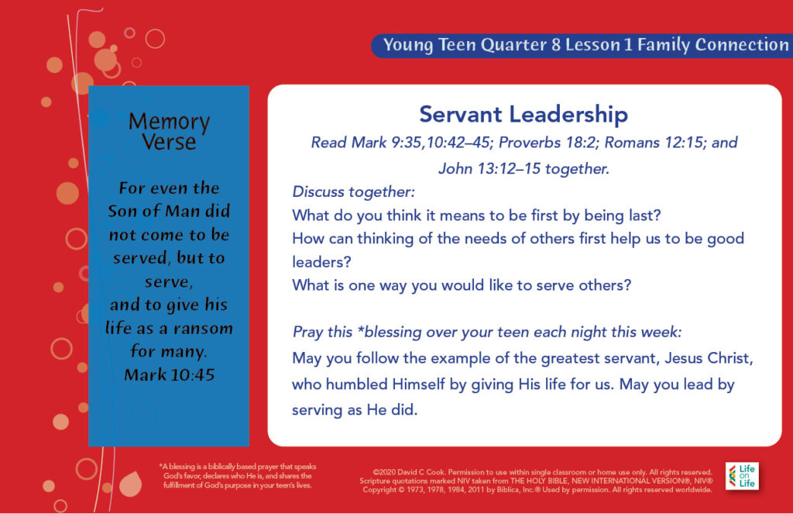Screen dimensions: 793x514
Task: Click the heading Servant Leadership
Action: click(x=524, y=114)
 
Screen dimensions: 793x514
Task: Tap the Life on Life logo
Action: click(x=742, y=476)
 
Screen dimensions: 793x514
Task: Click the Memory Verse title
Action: click(x=169, y=132)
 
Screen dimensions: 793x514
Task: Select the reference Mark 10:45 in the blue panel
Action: click(x=170, y=374)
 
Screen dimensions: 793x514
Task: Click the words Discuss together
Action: click(x=353, y=192)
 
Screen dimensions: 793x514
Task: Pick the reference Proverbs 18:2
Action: click(x=547, y=143)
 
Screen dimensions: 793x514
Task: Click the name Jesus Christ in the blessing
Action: click(x=709, y=358)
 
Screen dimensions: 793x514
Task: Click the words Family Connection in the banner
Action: click(x=712, y=44)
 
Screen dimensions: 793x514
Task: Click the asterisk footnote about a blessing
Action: click(x=238, y=476)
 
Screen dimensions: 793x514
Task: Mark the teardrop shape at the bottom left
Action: click(x=130, y=483)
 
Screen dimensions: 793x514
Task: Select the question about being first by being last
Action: click(x=476, y=216)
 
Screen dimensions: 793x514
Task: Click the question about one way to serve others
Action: click(x=462, y=285)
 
